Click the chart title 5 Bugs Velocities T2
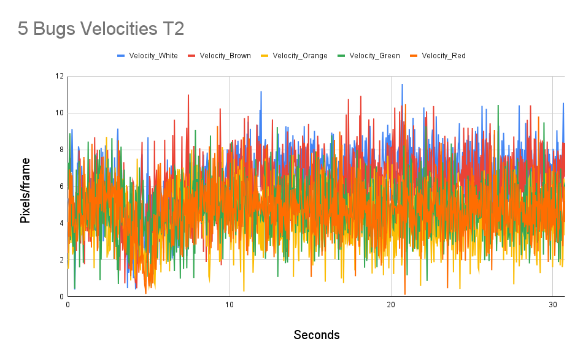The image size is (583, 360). tap(101, 29)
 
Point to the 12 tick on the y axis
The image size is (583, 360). tap(59, 76)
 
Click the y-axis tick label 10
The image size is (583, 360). tap(59, 113)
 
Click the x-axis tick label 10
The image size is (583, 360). tap(229, 305)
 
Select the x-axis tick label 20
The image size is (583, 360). tap(391, 305)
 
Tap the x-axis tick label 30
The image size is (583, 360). tap(553, 305)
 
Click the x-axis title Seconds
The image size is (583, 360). tap(316, 335)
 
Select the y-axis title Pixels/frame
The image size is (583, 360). tap(25, 190)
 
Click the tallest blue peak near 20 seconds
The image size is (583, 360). tap(402, 85)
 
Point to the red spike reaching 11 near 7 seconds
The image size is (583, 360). tap(188, 96)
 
